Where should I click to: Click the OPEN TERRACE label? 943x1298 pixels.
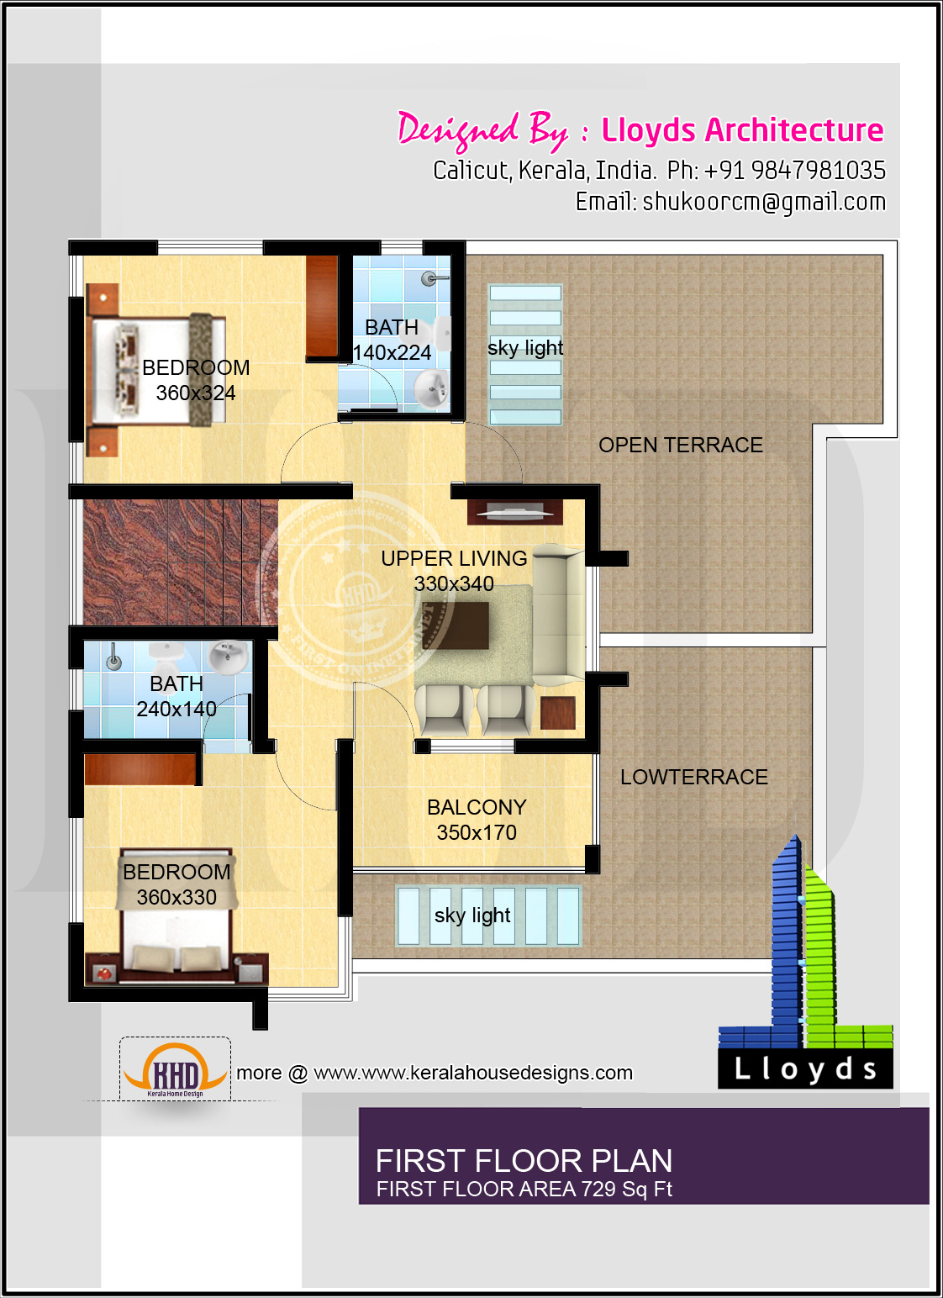click(x=680, y=445)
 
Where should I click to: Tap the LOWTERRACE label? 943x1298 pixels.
click(x=693, y=777)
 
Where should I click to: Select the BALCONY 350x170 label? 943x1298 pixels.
click(x=477, y=820)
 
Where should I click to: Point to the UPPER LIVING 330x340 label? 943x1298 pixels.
click(x=454, y=570)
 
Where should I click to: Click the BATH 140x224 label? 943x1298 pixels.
click(x=392, y=340)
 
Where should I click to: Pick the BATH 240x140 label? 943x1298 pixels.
click(x=176, y=696)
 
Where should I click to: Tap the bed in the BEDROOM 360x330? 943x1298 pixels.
click(x=176, y=925)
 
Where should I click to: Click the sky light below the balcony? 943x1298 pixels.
click(x=488, y=915)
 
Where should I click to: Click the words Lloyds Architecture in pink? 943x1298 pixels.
click(x=742, y=130)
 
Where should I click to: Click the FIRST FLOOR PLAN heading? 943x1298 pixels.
click(x=524, y=1161)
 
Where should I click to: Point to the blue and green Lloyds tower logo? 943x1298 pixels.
click(x=804, y=967)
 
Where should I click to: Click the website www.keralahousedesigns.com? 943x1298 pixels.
click(x=473, y=1073)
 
